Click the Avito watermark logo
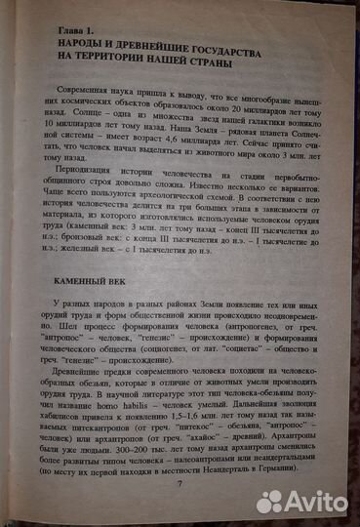coord(302,503)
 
